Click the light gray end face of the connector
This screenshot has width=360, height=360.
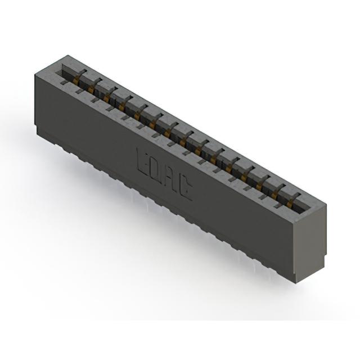310,241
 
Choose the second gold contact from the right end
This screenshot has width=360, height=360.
274,195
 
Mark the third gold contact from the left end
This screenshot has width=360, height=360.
106,98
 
